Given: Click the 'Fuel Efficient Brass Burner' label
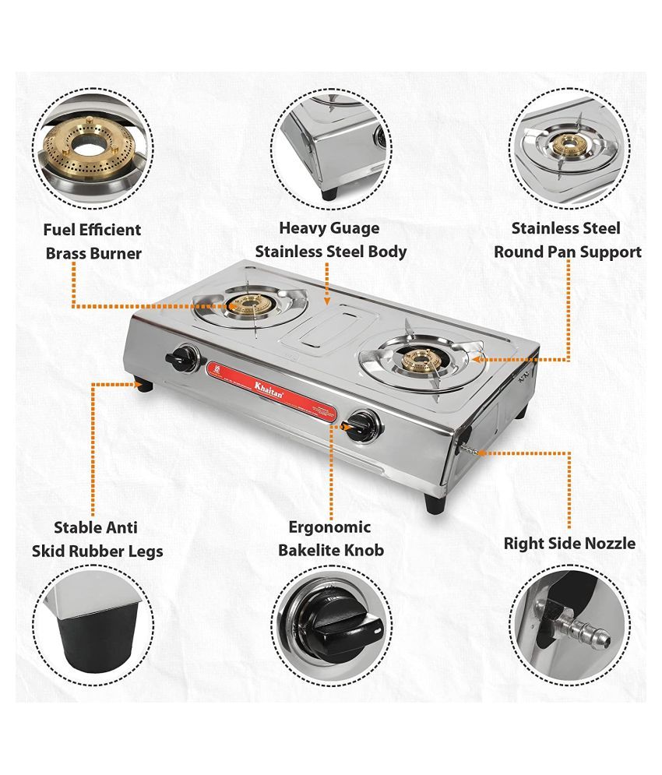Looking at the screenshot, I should [93, 241].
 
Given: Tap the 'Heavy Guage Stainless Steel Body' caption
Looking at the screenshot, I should [330, 240].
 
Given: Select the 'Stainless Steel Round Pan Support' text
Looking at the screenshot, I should [567, 240].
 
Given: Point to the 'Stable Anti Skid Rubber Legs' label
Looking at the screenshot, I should [97, 539].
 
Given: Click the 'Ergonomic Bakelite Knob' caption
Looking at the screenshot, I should [331, 539].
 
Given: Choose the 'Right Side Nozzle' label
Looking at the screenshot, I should [569, 543].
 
